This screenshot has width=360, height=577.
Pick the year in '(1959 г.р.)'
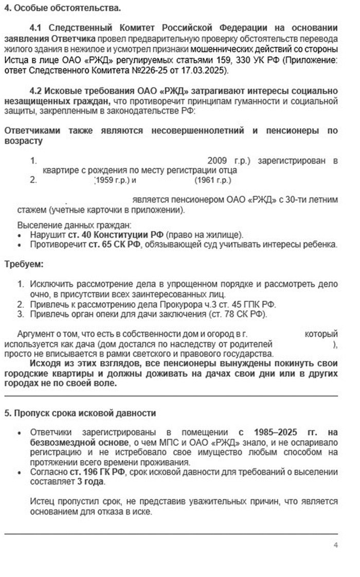tap(104, 180)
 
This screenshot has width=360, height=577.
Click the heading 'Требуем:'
tap(24, 265)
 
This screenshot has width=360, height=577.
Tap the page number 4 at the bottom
tap(335, 545)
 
